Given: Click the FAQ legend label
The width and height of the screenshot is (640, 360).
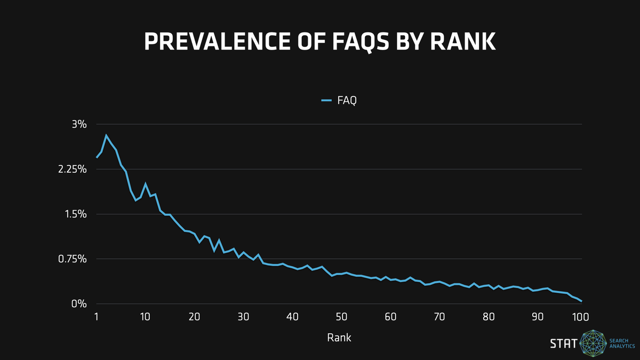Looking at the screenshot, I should [x=347, y=100].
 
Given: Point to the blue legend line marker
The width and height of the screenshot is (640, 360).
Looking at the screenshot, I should [x=327, y=100].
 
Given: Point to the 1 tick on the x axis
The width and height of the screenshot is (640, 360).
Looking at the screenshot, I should [x=97, y=317].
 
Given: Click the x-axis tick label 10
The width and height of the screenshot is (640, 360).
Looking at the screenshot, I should [x=145, y=317].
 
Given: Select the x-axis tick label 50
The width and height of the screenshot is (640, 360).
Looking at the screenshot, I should [x=341, y=317].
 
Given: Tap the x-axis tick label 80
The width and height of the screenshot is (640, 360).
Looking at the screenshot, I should [x=489, y=317].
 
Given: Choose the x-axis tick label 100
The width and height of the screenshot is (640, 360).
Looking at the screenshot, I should [x=580, y=317].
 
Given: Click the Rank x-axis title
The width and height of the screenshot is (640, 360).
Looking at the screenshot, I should [x=339, y=338].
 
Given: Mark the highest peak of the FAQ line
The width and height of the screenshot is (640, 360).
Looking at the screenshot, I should [x=106, y=135].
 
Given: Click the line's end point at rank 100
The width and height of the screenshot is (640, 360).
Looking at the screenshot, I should [x=581, y=301].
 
